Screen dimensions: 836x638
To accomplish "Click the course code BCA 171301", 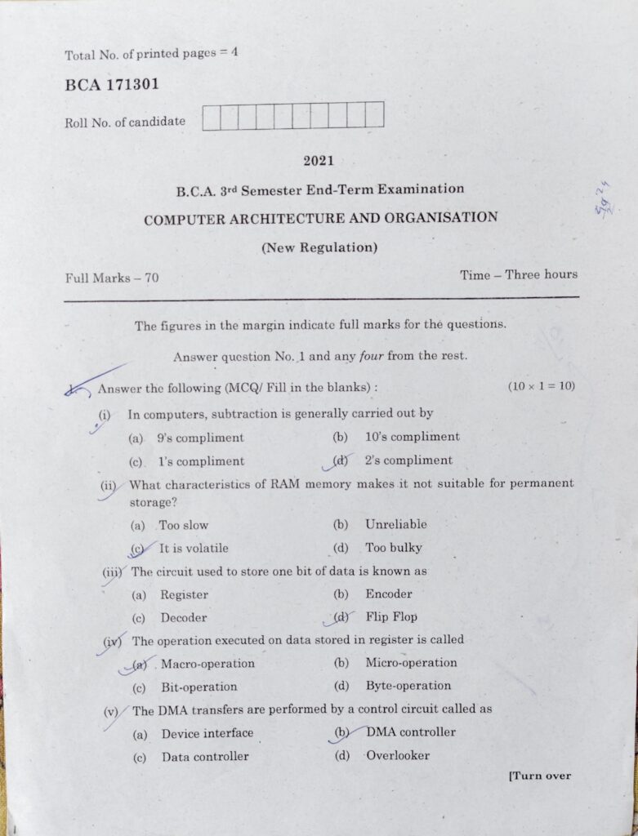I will coord(111,85).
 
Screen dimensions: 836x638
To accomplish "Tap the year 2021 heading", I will coord(319,161).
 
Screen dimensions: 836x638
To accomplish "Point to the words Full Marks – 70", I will coord(112,278).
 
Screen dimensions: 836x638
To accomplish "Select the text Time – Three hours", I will coord(519,275).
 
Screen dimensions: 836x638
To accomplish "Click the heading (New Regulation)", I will coord(319,247).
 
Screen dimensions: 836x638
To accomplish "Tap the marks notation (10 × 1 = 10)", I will coord(541,385).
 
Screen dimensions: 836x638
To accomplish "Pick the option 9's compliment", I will coord(200,438).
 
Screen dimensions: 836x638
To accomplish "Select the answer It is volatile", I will coord(194,549).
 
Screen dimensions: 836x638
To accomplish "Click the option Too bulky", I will coord(394,548).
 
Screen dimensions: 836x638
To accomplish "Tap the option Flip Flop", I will coord(391,617).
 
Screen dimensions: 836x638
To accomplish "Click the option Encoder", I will coord(389,594).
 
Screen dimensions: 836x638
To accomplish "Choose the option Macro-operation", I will coord(207,664).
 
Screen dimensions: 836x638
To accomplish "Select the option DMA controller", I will coord(411,732).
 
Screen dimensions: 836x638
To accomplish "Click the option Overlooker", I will coord(398,755).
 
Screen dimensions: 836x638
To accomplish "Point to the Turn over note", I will coord(539,776).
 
